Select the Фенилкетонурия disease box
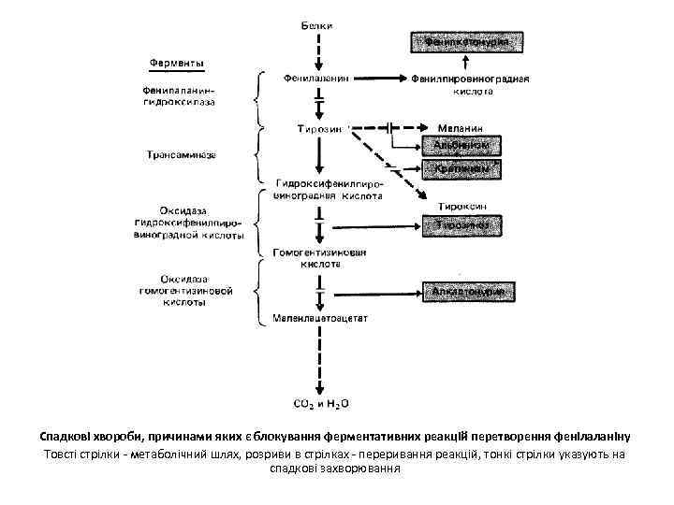click(465, 42)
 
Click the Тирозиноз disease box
click(465, 225)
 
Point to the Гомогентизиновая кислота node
click(319, 258)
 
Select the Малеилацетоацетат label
click(320, 318)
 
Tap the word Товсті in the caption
click(61, 454)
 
